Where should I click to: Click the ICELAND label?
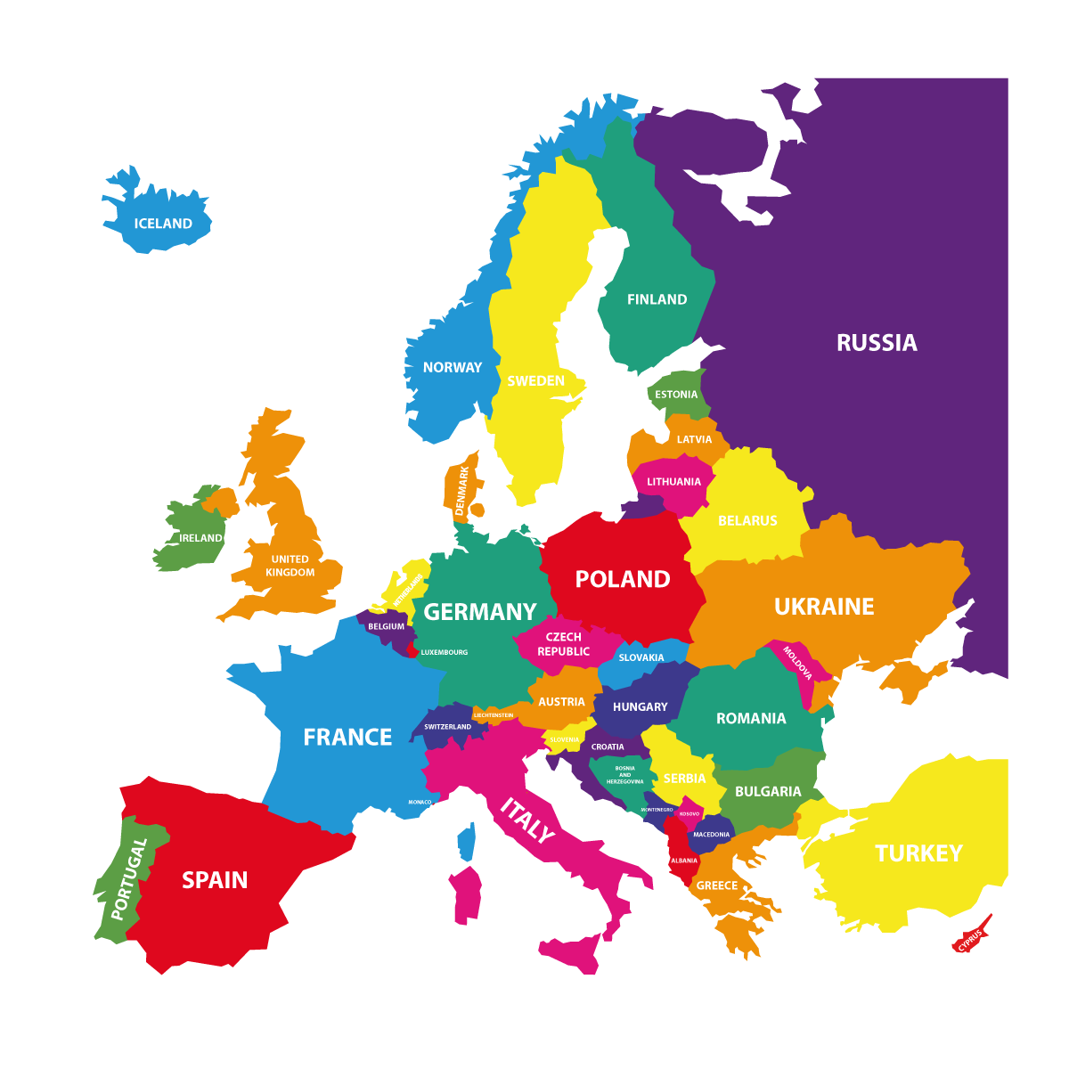[x=163, y=224]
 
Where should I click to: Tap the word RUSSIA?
[x=877, y=343]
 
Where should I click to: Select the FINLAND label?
[x=657, y=299]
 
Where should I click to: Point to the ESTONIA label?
[x=676, y=395]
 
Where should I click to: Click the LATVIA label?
[x=694, y=439]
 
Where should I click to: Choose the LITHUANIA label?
[x=673, y=482]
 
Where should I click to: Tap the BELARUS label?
[x=747, y=520]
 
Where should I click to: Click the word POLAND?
[x=623, y=579]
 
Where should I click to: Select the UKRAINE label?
[x=824, y=607]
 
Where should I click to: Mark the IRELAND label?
[x=200, y=538]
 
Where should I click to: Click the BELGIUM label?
[x=386, y=626]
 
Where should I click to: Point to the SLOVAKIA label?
[x=641, y=657]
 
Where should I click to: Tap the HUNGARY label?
[x=640, y=706]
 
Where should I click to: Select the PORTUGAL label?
[x=127, y=878]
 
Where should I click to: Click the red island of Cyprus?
[x=971, y=937]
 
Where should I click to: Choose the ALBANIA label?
[x=684, y=861]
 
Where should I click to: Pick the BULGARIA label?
[x=768, y=791]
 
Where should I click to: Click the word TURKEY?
[x=918, y=853]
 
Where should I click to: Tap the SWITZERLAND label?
[x=447, y=727]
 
